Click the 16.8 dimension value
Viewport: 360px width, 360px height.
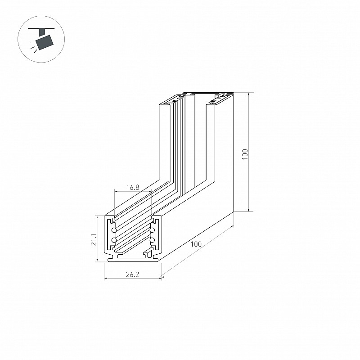[x=133, y=187]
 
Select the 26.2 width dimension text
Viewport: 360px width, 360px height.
[x=132, y=274]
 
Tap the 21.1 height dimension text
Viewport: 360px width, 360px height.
[x=94, y=239]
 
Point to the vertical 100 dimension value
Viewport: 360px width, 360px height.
[x=245, y=154]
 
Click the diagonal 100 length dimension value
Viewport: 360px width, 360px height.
[x=196, y=244]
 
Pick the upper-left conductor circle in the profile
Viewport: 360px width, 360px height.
[x=114, y=230]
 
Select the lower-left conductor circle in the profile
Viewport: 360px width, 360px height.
[x=114, y=240]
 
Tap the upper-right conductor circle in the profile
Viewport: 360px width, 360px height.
[x=153, y=230]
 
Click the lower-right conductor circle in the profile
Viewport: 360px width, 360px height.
[x=153, y=240]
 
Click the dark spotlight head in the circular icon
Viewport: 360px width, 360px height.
[x=45, y=42]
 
